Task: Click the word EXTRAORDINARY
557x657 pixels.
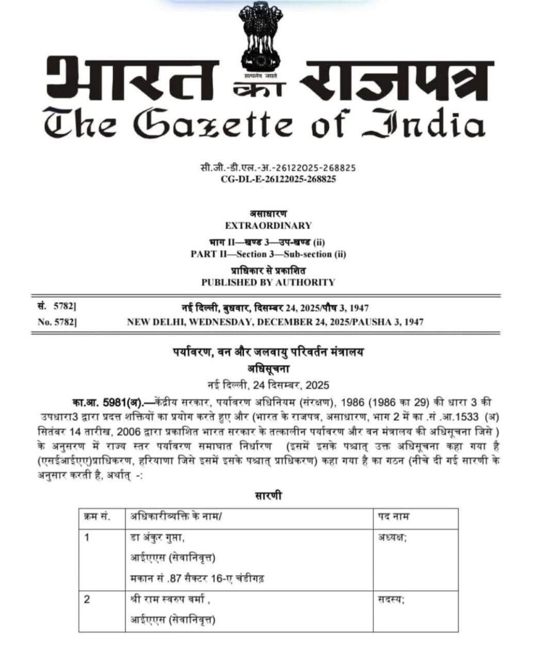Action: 268,225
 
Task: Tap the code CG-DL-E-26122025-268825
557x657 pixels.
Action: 268,179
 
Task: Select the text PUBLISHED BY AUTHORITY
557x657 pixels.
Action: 268,282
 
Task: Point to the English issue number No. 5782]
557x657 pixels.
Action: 58,321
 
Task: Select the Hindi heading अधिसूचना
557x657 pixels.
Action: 268,368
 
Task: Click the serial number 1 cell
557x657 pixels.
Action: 88,537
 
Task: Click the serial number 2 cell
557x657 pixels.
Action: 88,602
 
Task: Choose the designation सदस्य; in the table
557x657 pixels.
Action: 391,602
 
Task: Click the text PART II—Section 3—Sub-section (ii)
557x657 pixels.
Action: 268,253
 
